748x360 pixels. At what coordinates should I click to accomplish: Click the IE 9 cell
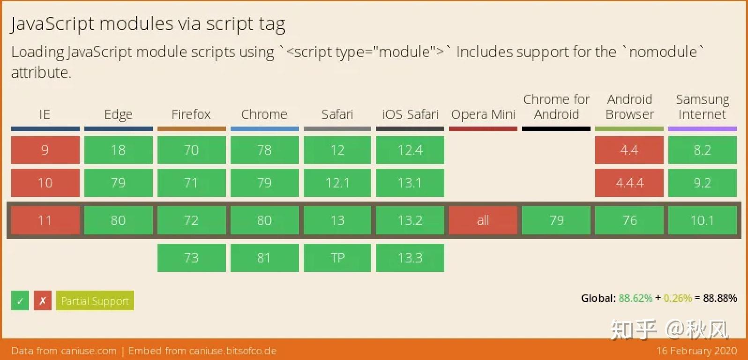tap(45, 150)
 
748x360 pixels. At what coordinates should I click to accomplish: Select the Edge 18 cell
tap(119, 150)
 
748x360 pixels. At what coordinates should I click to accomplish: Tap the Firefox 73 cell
tap(191, 258)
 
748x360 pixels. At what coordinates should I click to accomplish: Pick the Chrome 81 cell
tap(264, 258)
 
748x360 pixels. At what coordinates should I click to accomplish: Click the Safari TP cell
tap(337, 258)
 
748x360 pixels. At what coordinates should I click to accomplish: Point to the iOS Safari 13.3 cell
tap(410, 258)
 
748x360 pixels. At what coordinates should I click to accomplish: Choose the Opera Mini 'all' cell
tap(483, 220)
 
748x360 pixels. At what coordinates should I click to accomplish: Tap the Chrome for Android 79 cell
tap(556, 220)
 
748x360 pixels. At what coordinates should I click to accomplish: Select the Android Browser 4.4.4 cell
tap(629, 183)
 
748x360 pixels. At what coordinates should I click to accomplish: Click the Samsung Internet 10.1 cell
tap(703, 220)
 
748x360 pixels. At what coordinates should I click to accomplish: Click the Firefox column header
tap(191, 114)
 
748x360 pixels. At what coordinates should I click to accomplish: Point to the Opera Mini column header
tap(483, 114)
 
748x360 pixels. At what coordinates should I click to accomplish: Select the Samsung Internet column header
tap(703, 107)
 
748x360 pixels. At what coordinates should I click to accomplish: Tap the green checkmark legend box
tap(20, 300)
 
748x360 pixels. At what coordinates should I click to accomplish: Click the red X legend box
tap(42, 300)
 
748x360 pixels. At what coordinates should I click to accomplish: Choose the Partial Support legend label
tap(95, 300)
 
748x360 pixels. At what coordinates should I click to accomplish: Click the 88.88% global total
tap(719, 298)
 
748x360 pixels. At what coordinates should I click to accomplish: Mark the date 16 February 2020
tap(696, 351)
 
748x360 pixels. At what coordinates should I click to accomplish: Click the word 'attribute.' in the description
tap(41, 73)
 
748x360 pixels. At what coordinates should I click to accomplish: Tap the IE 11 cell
tap(45, 220)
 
